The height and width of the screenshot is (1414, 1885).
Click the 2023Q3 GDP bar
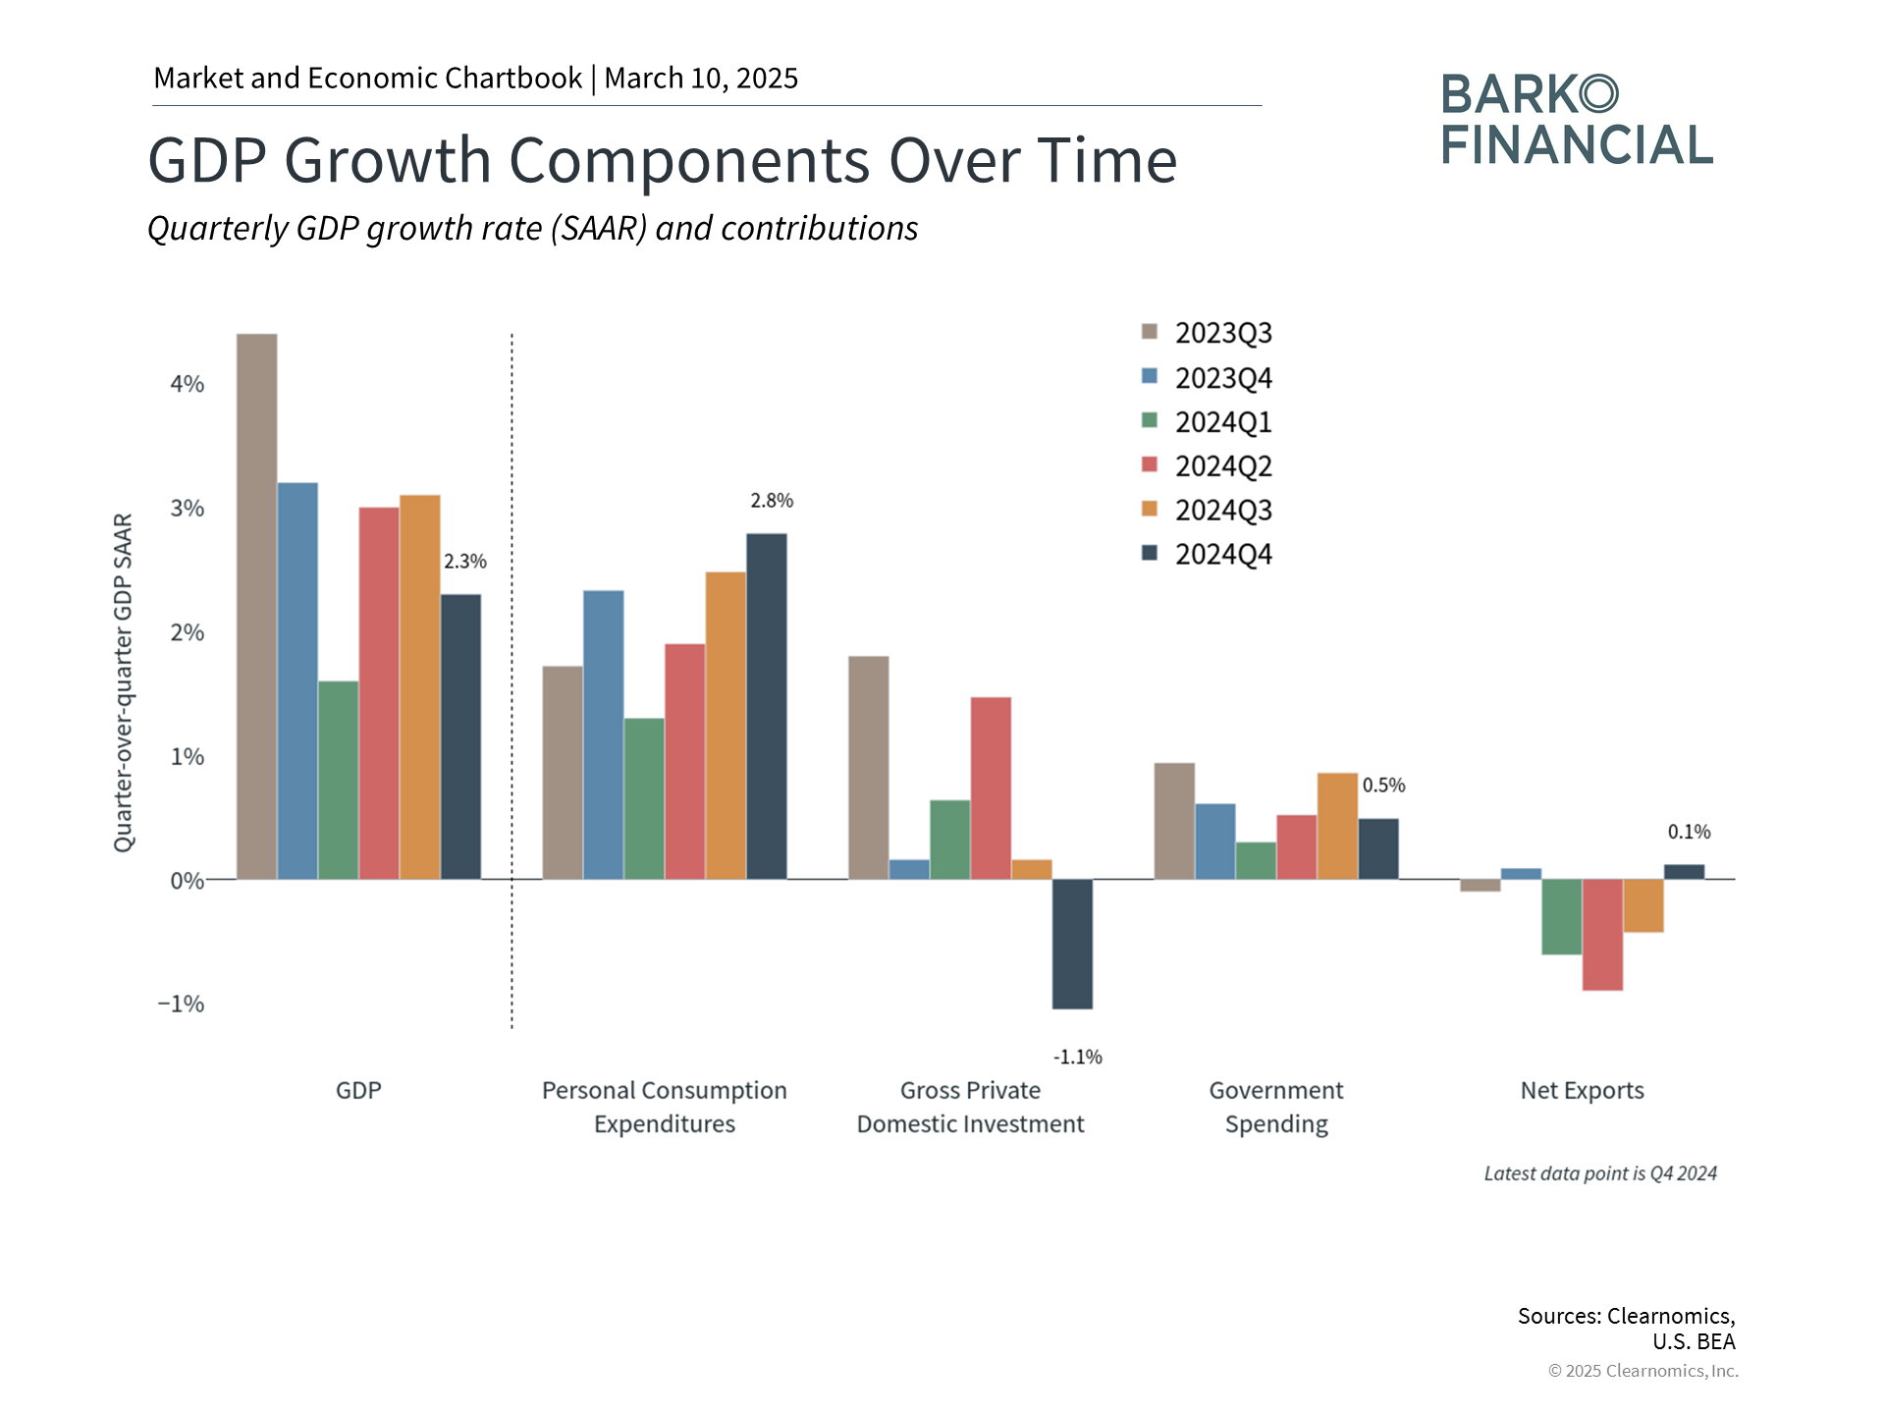click(257, 606)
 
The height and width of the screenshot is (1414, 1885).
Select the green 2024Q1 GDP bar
click(339, 780)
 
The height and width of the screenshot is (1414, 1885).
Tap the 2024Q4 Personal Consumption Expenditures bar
click(767, 706)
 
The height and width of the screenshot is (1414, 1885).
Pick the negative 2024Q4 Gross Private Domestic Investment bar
click(1072, 944)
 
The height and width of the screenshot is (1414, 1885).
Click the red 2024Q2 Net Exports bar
click(1602, 935)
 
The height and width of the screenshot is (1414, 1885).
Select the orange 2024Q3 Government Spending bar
click(1337, 826)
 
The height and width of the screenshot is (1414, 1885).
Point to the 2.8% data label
click(772, 501)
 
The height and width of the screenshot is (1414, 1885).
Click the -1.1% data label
click(1078, 1057)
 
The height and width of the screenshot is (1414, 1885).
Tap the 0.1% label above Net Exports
click(1689, 832)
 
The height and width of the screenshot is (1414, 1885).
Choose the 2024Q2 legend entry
click(1207, 466)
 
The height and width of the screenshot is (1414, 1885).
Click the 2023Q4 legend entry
click(1207, 378)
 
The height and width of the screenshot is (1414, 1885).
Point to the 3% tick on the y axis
click(188, 509)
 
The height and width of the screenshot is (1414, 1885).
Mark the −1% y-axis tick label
click(182, 1004)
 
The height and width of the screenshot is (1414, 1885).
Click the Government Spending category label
click(1276, 1107)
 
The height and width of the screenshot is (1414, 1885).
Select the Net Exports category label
click(1582, 1090)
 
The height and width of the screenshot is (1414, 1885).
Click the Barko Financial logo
click(1577, 119)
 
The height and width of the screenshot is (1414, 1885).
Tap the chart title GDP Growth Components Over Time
click(663, 160)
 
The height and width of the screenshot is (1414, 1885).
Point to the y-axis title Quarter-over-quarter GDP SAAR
click(123, 682)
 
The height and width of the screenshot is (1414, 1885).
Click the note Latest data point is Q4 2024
click(1600, 1173)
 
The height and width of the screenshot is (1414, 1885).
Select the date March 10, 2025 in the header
click(701, 78)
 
